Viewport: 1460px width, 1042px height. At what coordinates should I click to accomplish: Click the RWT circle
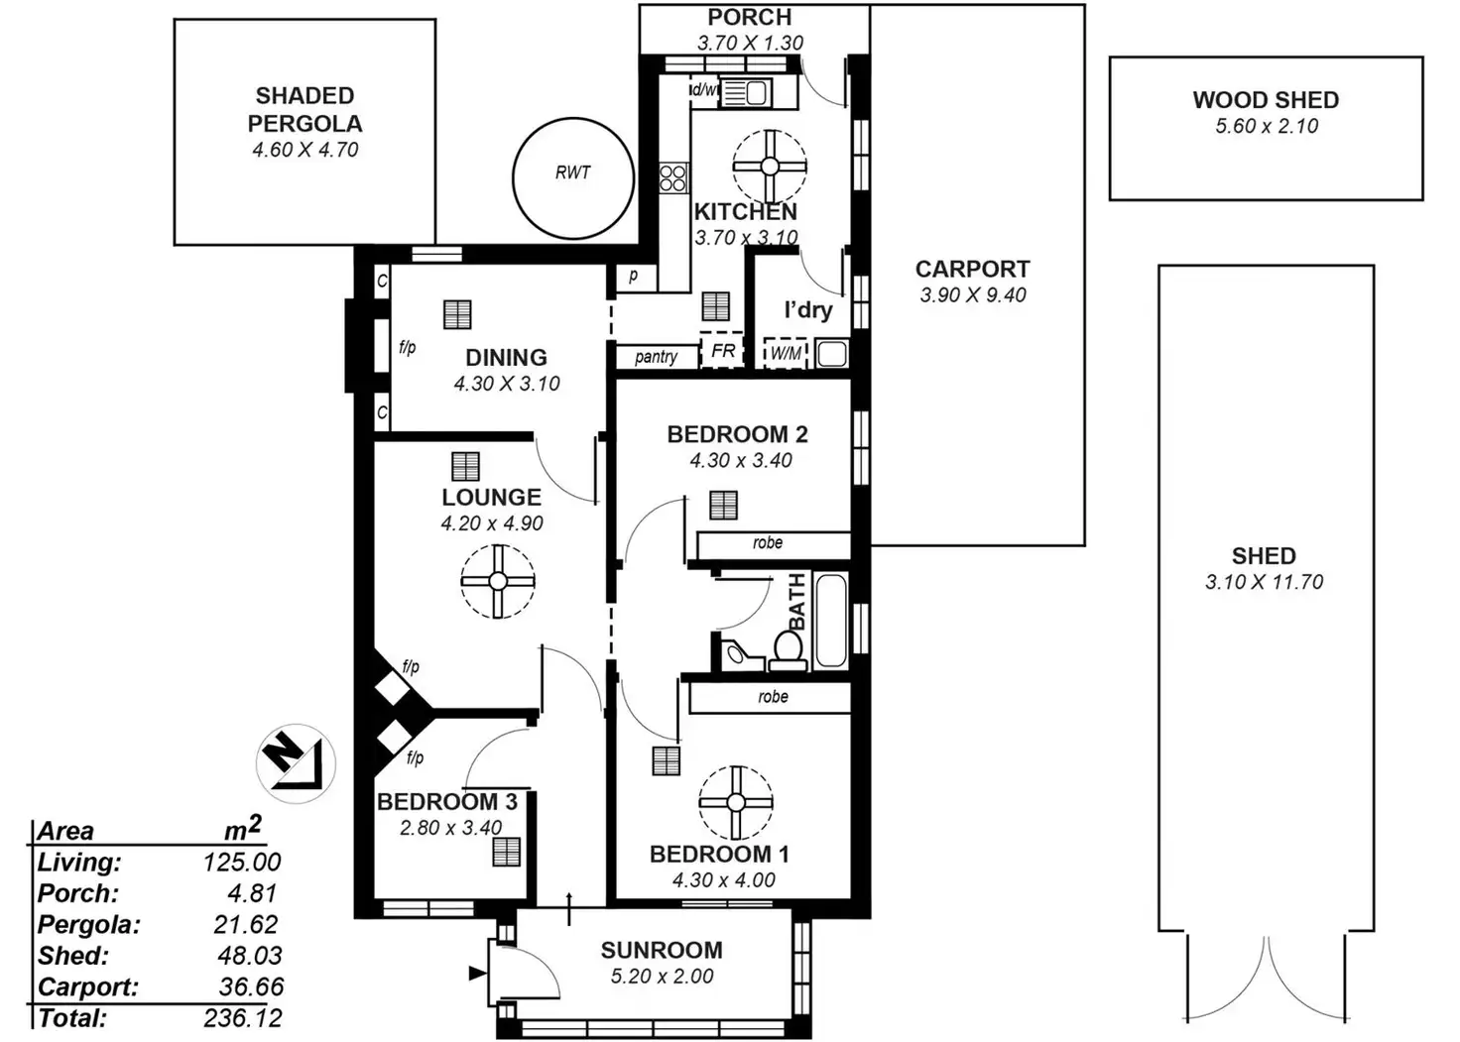[572, 178]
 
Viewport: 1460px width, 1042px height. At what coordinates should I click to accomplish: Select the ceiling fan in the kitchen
[770, 166]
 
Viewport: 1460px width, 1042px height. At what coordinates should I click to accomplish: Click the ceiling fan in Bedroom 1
[735, 802]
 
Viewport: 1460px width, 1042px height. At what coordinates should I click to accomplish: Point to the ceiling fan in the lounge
[498, 582]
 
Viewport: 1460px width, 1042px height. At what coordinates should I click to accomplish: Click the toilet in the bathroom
[788, 649]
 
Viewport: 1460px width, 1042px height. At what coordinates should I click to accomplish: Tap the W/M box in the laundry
[786, 353]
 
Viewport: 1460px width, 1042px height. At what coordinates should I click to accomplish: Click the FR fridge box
[723, 351]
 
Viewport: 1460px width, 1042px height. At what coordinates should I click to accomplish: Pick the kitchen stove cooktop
[673, 178]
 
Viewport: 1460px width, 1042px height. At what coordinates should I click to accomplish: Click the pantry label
[656, 356]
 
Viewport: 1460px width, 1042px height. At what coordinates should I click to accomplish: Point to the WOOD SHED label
[1266, 100]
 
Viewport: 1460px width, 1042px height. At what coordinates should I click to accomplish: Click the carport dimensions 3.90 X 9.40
[973, 294]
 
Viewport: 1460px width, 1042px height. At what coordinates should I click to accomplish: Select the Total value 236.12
[243, 1018]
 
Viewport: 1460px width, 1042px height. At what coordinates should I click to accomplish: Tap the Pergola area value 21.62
[246, 924]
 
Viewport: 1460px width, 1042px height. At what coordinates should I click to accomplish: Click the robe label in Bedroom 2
[768, 543]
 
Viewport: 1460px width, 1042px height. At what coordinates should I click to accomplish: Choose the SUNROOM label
[662, 950]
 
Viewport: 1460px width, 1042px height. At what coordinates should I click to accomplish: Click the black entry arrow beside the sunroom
[477, 974]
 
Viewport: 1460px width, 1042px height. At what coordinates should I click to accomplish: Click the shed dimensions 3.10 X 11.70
[1264, 582]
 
